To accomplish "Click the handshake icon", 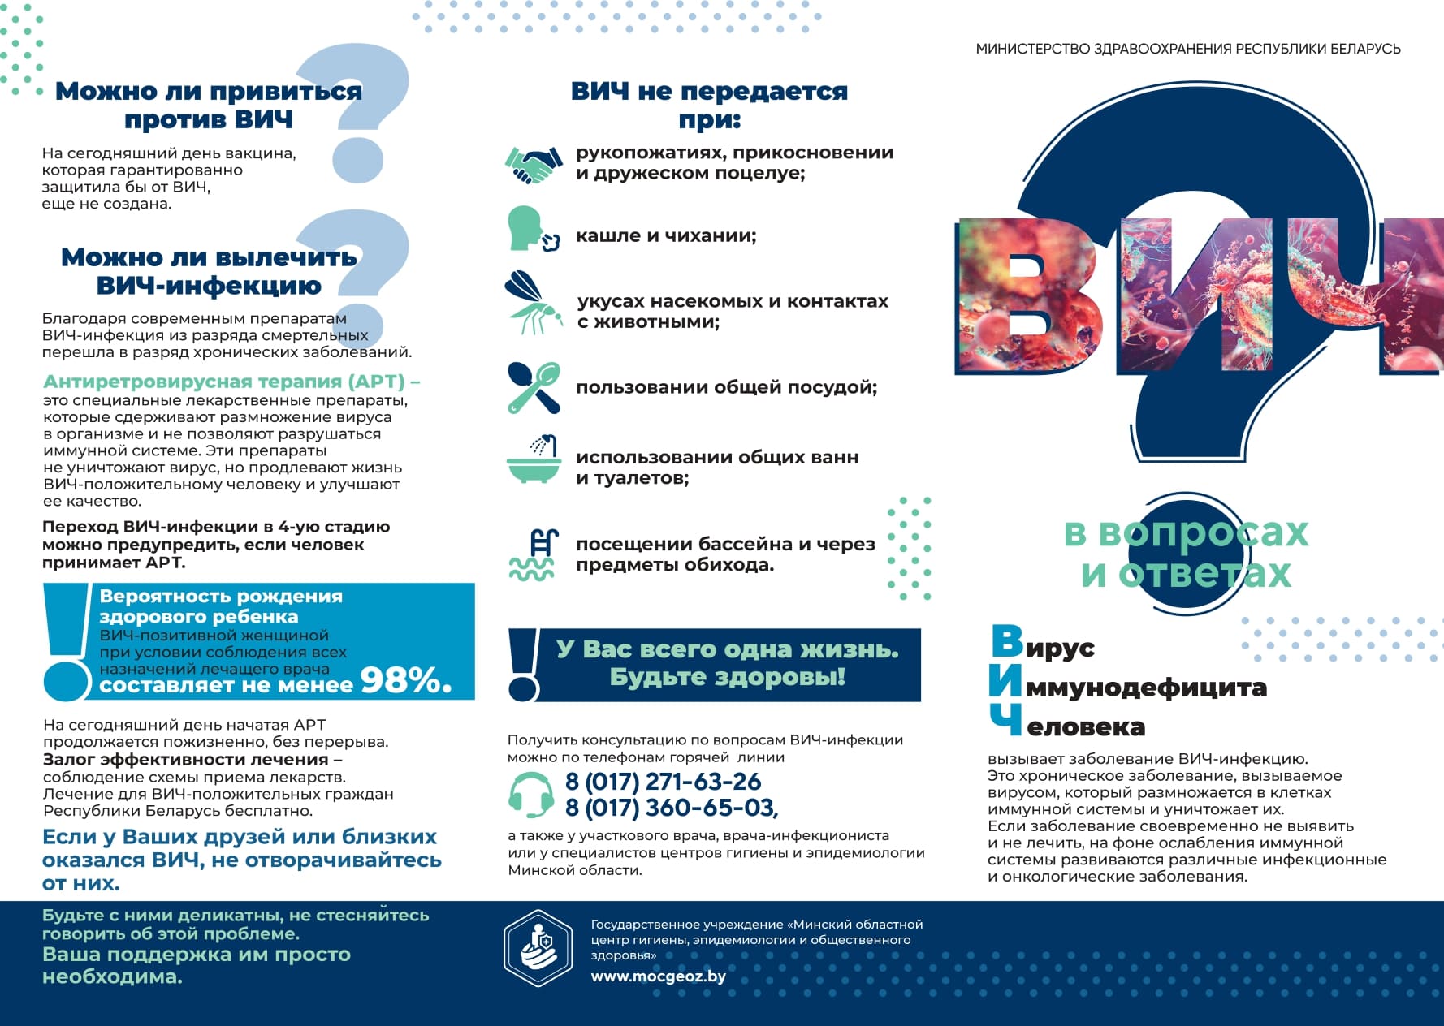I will pyautogui.click(x=533, y=165).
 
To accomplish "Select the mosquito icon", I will pyautogui.click(x=532, y=304).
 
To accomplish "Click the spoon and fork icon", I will pyautogui.click(x=534, y=388).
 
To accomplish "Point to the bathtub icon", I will pyautogui.click(x=533, y=460).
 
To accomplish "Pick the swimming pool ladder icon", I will pyautogui.click(x=534, y=554).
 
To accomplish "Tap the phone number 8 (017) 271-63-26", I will pyautogui.click(x=663, y=782).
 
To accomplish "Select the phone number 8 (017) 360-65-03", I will pyautogui.click(x=671, y=808).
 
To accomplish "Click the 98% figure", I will pyautogui.click(x=405, y=680).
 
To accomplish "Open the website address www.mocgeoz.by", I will pyautogui.click(x=658, y=976).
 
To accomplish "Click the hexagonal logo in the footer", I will pyautogui.click(x=538, y=947).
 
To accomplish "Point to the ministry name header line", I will pyautogui.click(x=1187, y=49).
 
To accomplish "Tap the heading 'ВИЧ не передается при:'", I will pyautogui.click(x=709, y=105).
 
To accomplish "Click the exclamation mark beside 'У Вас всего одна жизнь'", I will pyautogui.click(x=523, y=665).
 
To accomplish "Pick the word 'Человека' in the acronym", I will pyautogui.click(x=1085, y=726).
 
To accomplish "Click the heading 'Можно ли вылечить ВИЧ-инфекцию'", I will pyautogui.click(x=209, y=271).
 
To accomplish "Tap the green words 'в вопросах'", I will pyautogui.click(x=1186, y=533).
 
